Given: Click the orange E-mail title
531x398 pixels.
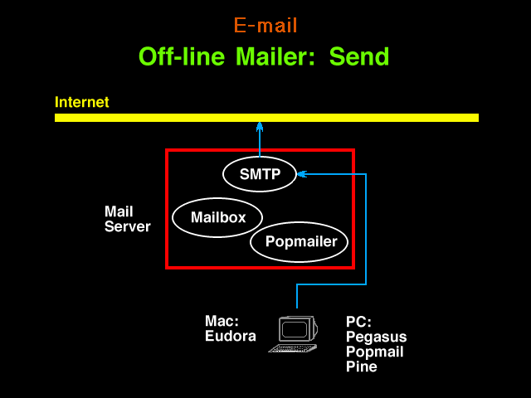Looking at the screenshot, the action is [x=265, y=25].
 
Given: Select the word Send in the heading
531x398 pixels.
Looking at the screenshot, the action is [x=359, y=56].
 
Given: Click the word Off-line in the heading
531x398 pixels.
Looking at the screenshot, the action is [x=182, y=56].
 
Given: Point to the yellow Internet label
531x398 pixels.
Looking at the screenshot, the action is [x=81, y=102].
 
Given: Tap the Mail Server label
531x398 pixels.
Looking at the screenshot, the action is [x=127, y=219].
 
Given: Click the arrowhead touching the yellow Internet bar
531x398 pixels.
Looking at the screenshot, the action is [x=260, y=127].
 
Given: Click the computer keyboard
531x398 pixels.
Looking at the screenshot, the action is [x=293, y=348].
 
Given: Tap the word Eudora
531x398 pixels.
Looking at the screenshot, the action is [x=231, y=336].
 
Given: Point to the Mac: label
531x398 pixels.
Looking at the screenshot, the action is [x=222, y=321].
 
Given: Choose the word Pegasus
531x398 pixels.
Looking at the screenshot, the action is [x=376, y=337].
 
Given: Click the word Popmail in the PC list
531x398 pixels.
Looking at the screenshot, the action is [x=374, y=352].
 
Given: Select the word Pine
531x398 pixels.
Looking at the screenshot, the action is [x=362, y=366].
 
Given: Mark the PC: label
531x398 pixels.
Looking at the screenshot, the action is [x=358, y=322].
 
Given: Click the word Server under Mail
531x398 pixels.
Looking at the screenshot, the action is [x=127, y=226].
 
